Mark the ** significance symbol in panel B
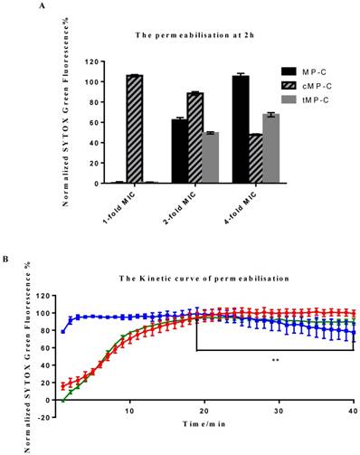tap(273, 361)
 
